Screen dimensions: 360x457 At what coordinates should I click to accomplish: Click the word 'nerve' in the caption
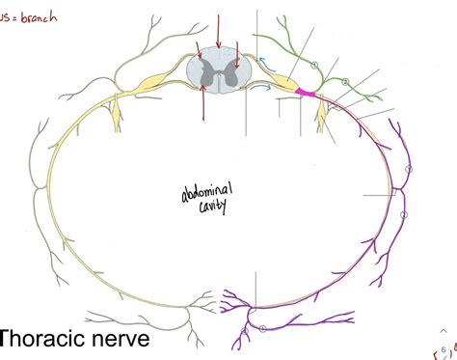tap(125, 341)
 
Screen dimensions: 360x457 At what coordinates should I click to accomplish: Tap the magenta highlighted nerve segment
tap(307, 93)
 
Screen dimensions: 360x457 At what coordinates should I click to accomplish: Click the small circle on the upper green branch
tap(314, 65)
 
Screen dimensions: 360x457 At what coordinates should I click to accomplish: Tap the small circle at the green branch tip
tap(345, 82)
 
